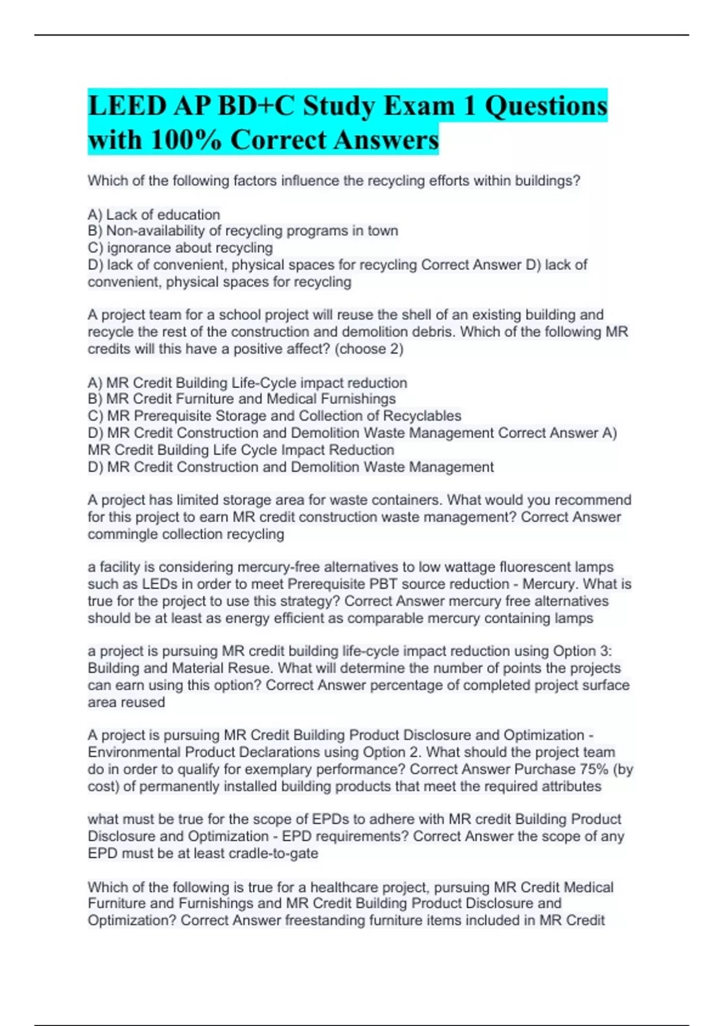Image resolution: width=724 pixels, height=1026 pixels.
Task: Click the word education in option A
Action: point(188,215)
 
